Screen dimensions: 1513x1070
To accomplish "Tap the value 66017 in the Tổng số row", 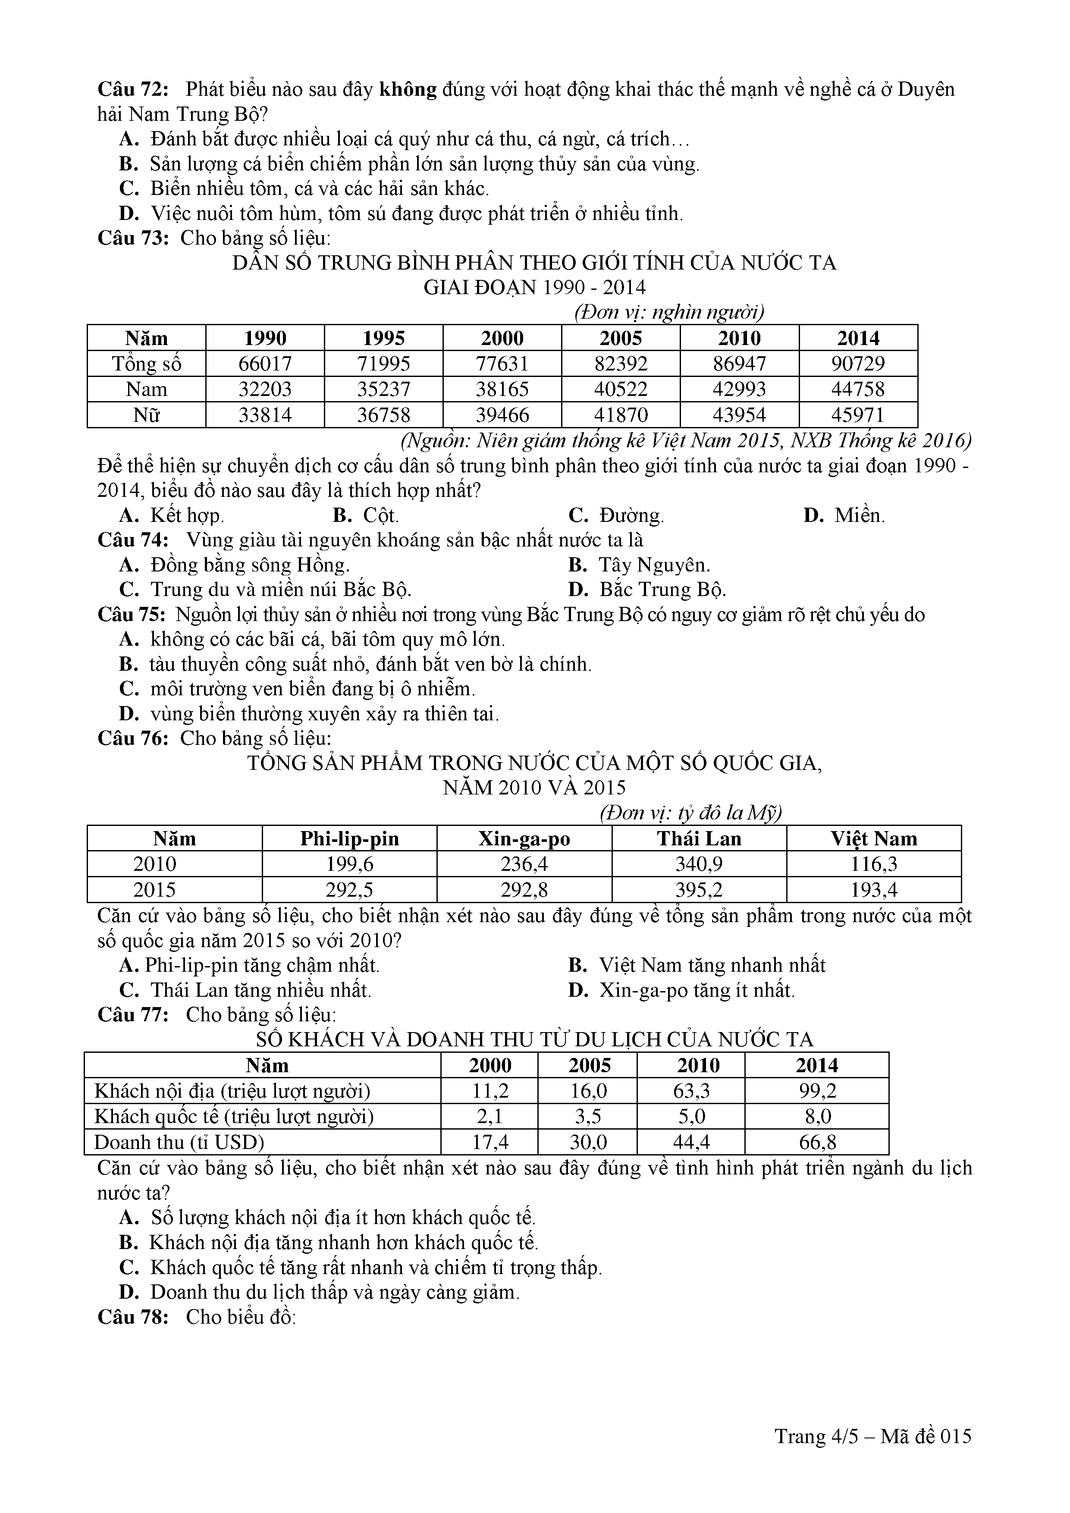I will point(266,364).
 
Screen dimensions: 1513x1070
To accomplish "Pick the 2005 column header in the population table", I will point(621,338).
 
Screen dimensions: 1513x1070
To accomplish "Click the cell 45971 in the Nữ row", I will point(858,415).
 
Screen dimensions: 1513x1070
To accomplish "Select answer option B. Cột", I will point(366,515).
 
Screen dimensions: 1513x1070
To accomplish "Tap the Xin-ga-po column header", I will point(524,839).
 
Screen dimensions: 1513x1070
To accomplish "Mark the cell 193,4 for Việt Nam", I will point(874,890).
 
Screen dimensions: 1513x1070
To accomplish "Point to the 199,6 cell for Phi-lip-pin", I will point(349,864).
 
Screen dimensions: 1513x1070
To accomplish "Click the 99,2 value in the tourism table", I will point(817,1091).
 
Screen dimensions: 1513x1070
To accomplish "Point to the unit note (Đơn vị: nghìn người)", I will point(669,312).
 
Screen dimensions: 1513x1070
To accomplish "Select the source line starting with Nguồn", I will point(686,440).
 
